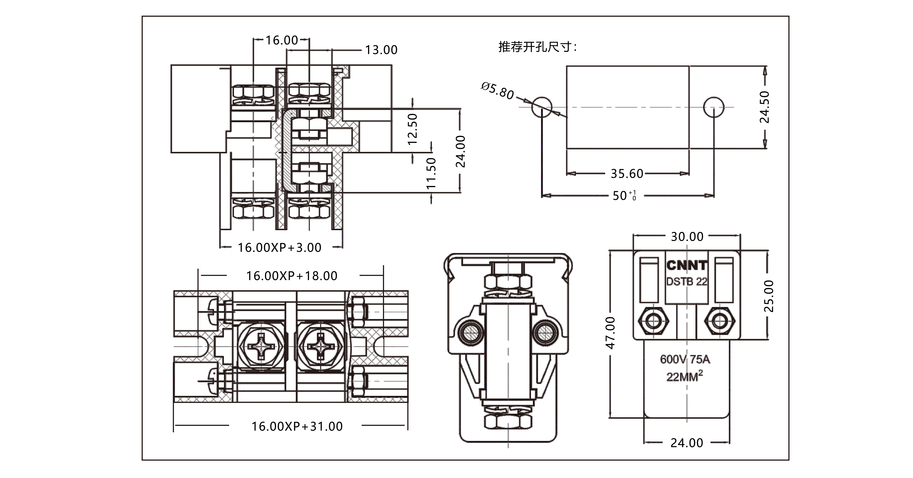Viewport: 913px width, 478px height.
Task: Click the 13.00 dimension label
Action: tap(381, 50)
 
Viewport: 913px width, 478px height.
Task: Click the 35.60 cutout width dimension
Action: tap(627, 174)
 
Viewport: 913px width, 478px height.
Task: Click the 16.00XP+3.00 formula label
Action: tap(279, 247)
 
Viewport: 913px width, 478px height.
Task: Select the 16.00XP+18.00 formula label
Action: tap(292, 276)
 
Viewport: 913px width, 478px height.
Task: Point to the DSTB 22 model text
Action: tap(687, 282)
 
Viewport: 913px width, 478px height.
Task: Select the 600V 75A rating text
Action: tap(685, 359)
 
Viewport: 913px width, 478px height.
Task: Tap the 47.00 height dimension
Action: tap(610, 333)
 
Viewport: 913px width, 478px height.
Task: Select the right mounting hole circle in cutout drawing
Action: tap(713, 107)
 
